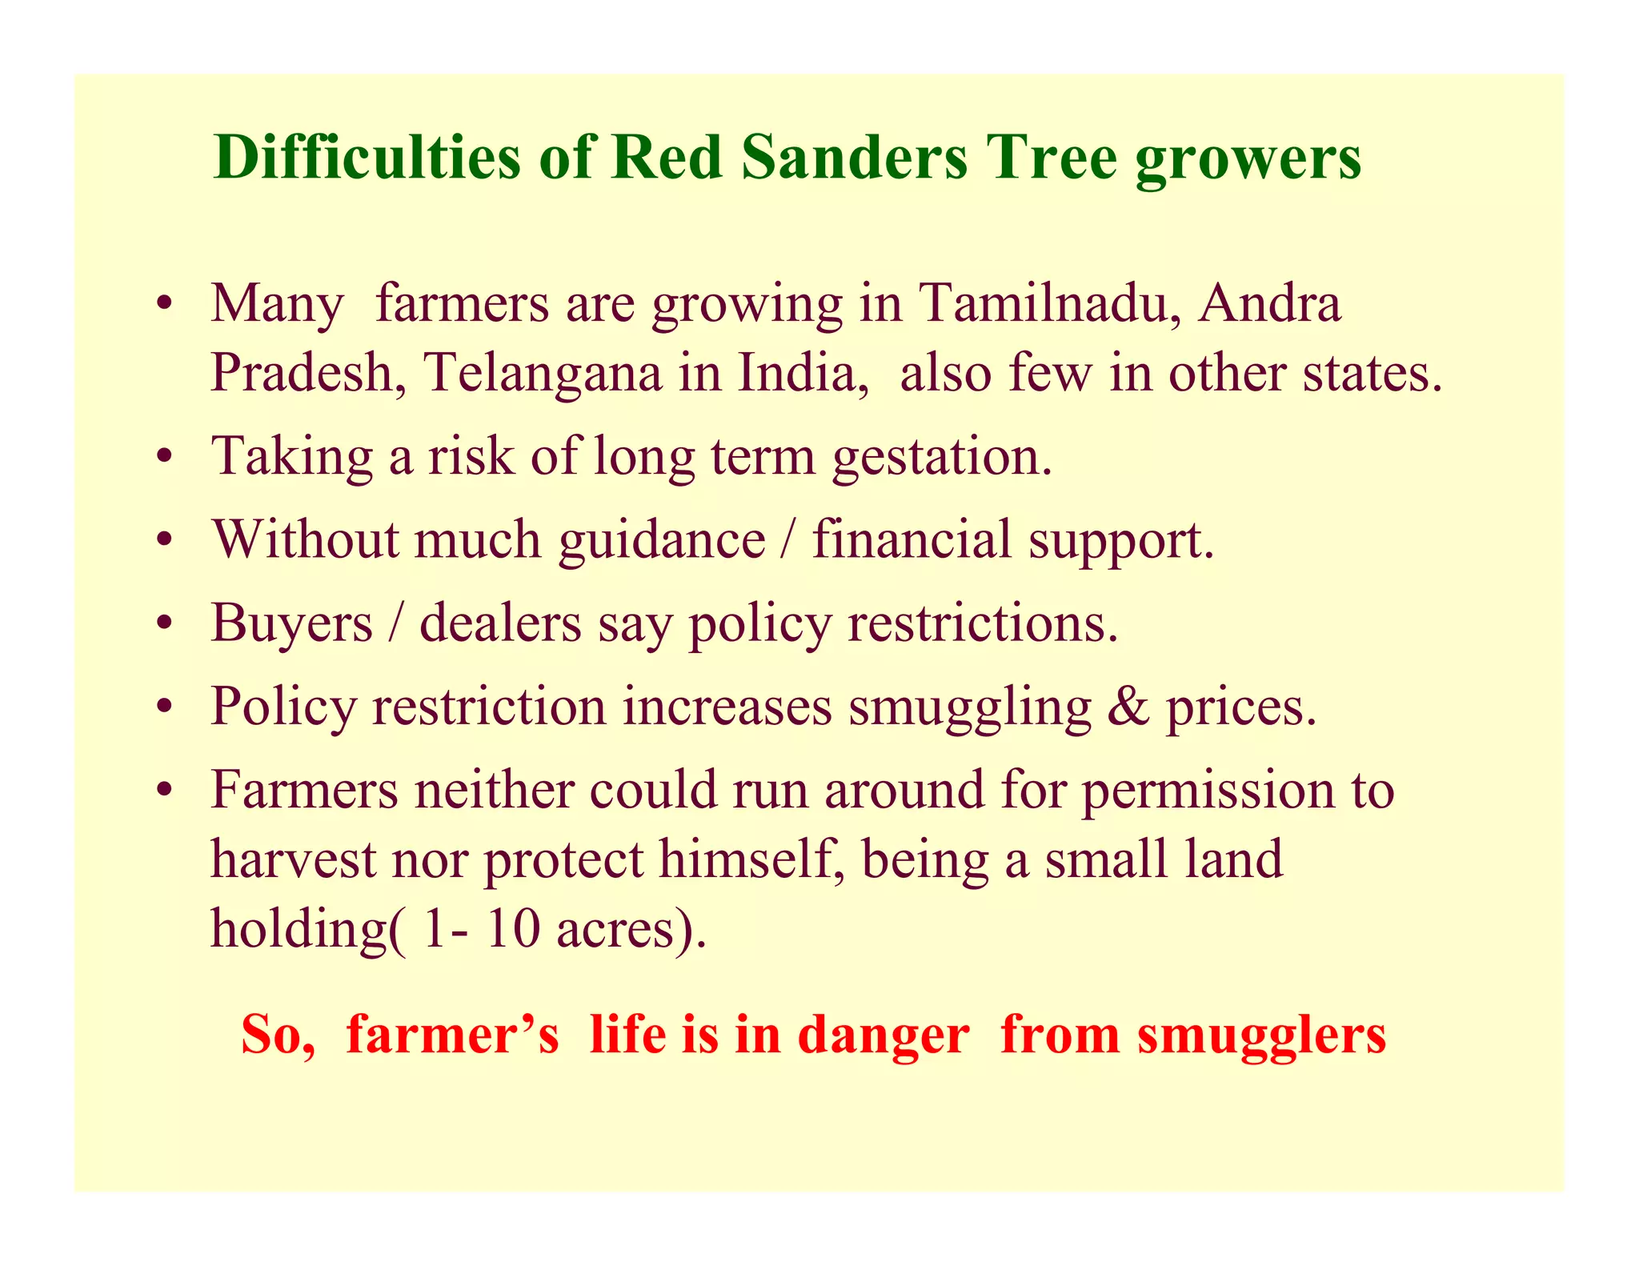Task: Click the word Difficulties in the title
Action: pyautogui.click(x=367, y=157)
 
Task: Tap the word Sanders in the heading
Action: pyautogui.click(x=854, y=157)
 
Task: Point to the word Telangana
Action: pyautogui.click(x=543, y=373)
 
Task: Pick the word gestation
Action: pyautogui.click(x=941, y=458)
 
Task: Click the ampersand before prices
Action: pyautogui.click(x=1128, y=707)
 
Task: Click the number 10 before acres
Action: pyautogui.click(x=512, y=930)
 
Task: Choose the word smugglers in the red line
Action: pyautogui.click(x=1262, y=1036)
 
